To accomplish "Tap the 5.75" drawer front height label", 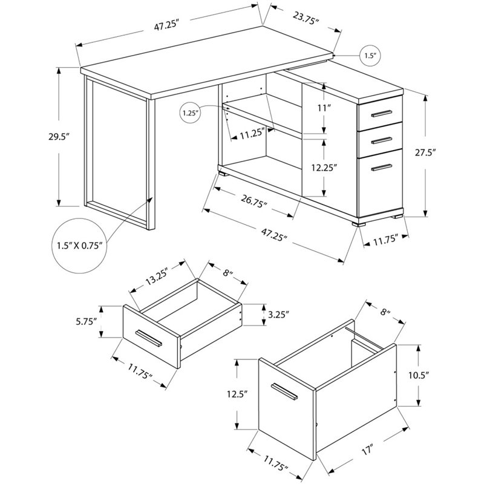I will point(87,322).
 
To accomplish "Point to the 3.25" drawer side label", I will point(277,314).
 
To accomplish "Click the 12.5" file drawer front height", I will point(227,394).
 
